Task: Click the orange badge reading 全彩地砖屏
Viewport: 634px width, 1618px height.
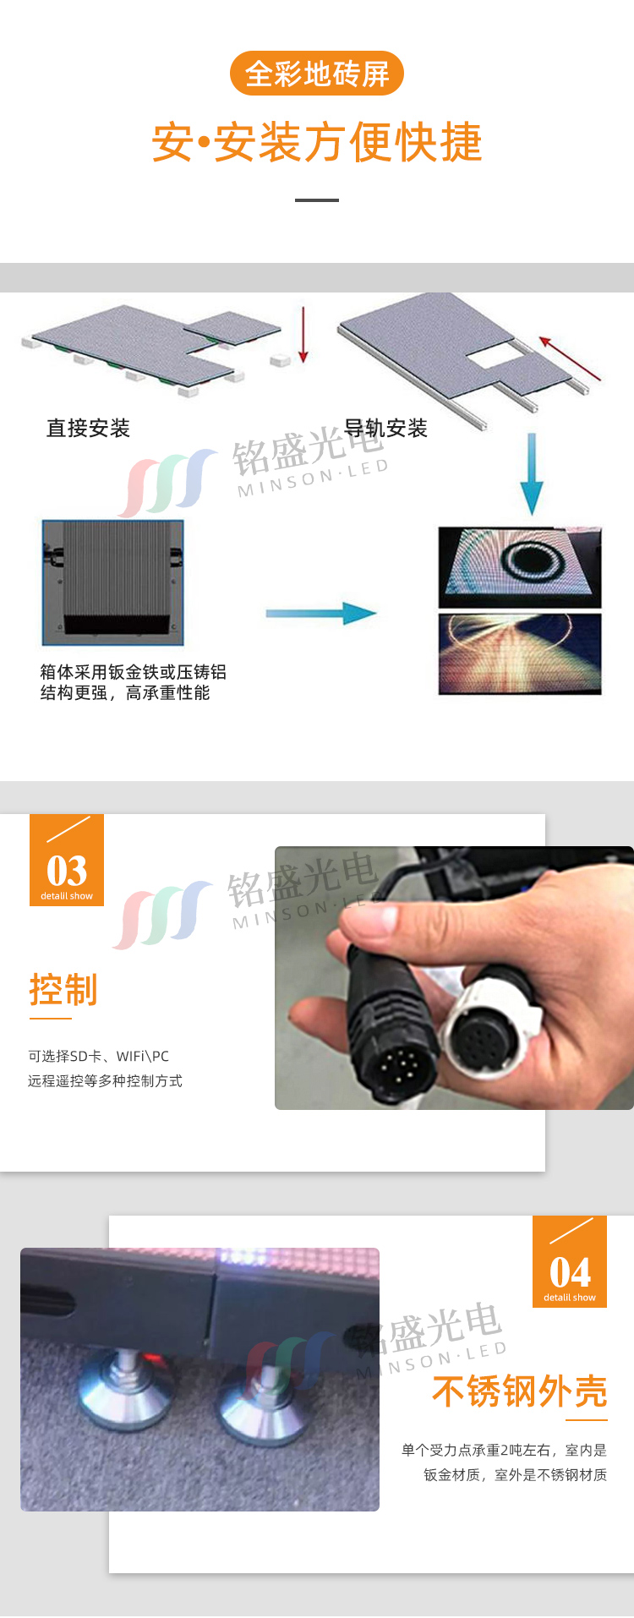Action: [x=317, y=74]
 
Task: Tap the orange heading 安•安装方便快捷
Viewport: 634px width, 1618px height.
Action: [x=317, y=142]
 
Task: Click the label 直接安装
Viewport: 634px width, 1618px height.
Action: [x=88, y=429]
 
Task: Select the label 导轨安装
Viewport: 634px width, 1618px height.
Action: [x=385, y=429]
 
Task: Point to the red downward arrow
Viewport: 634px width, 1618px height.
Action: [x=303, y=336]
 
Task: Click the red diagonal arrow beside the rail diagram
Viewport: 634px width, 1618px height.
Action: [x=570, y=359]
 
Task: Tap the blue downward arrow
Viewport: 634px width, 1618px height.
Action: [x=532, y=474]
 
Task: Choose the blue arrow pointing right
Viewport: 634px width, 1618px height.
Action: [x=321, y=614]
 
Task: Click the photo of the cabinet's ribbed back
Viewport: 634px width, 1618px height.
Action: [x=112, y=582]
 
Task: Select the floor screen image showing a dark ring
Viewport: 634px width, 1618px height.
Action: [x=520, y=566]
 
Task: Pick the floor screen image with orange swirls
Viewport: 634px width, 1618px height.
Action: [x=520, y=654]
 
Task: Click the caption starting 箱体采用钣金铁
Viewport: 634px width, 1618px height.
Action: [x=134, y=682]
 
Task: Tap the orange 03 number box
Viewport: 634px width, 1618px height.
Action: [x=67, y=860]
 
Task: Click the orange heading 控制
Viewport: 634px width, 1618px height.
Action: [x=63, y=990]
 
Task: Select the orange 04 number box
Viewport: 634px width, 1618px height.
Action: [x=570, y=1261]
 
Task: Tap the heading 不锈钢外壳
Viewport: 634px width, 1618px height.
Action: [x=520, y=1391]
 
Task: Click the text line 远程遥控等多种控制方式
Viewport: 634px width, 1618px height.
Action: [x=105, y=1081]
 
